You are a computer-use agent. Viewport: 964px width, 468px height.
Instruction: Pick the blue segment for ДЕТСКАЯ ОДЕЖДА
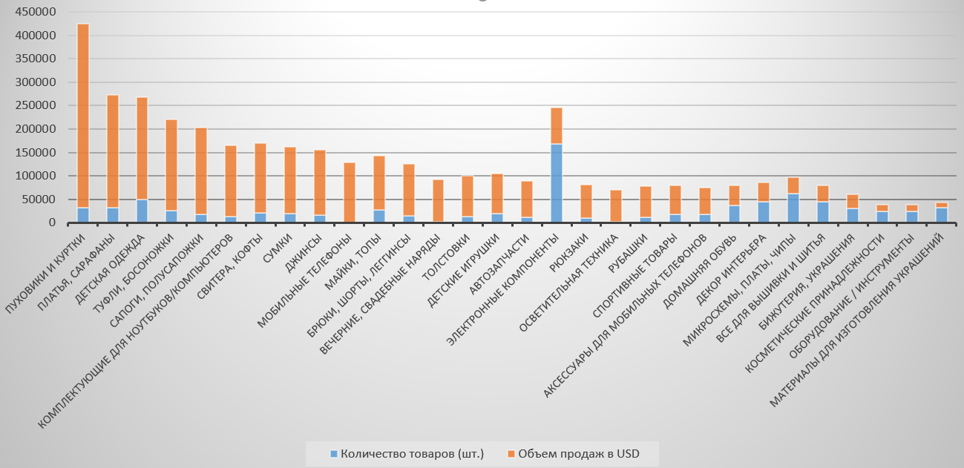tap(142, 211)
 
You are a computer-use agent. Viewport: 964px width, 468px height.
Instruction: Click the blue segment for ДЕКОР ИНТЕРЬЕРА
tap(764, 212)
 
